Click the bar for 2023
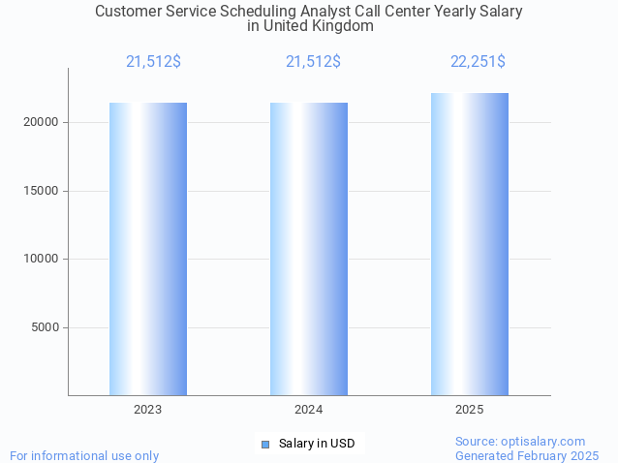pyautogui.click(x=148, y=249)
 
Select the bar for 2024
pyautogui.click(x=309, y=249)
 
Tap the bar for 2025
pyautogui.click(x=470, y=244)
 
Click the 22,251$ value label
pyautogui.click(x=478, y=62)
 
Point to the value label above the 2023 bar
pyautogui.click(x=153, y=62)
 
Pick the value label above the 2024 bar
pyautogui.click(x=313, y=62)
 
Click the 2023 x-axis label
pyautogui.click(x=148, y=410)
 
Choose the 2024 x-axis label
pyautogui.click(x=309, y=410)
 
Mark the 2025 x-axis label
pyautogui.click(x=470, y=410)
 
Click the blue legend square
pyautogui.click(x=264, y=444)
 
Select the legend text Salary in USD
pyautogui.click(x=317, y=444)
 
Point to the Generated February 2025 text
pyautogui.click(x=527, y=455)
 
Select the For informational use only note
pyautogui.click(x=84, y=455)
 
